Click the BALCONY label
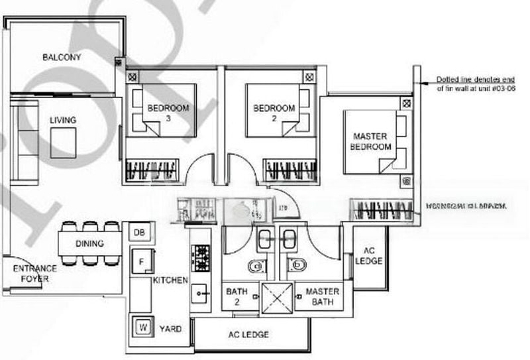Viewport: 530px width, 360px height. pos(62,58)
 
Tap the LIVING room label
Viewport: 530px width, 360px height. pos(63,120)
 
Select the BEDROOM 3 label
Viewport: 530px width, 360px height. pos(168,113)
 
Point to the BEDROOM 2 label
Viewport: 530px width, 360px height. pos(274,113)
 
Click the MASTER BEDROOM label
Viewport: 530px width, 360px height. pos(371,141)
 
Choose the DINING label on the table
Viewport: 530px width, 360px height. pos(89,244)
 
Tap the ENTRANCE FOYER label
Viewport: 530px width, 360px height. pos(34,274)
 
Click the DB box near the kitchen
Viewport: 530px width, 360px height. pos(139,232)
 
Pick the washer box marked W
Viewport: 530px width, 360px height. pos(142,327)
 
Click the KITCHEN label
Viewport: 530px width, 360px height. pos(170,280)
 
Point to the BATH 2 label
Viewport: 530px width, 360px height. pos(237,296)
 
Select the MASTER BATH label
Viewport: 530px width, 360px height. pos(323,296)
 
